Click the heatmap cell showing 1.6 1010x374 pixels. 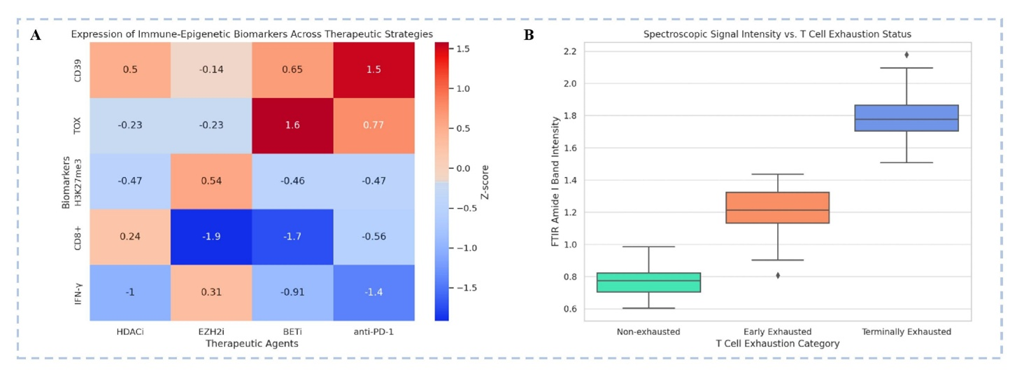click(293, 125)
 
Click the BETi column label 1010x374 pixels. click(293, 331)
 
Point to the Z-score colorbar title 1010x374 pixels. click(485, 181)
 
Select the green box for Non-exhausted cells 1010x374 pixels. click(648, 282)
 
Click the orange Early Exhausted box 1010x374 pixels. click(778, 207)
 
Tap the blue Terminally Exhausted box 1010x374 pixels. click(906, 118)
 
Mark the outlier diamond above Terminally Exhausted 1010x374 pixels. click(906, 55)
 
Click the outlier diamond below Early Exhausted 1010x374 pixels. click(778, 275)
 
